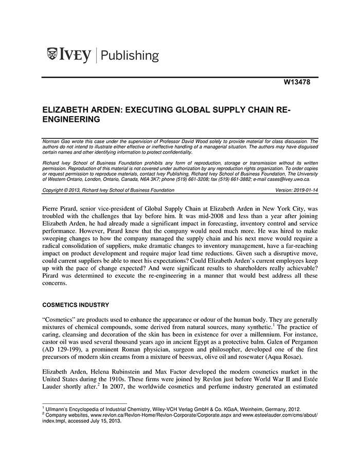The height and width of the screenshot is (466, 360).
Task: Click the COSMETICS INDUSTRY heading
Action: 75,305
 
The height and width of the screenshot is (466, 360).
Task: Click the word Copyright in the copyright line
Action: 52,190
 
